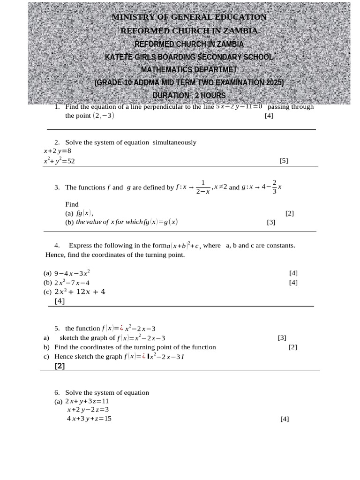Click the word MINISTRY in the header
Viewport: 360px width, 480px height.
133,17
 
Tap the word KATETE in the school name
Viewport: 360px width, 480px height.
120,57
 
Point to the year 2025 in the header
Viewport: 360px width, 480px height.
274,82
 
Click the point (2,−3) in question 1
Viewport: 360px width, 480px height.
103,116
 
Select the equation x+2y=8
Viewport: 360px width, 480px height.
57,151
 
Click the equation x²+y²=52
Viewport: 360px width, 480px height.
59,161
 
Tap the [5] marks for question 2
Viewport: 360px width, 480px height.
284,161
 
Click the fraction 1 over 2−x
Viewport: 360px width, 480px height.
202,187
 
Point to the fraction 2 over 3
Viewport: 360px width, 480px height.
274,187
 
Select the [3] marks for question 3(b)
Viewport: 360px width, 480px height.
271,222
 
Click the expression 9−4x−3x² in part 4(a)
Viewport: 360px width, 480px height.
72,273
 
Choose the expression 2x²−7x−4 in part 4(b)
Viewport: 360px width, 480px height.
72,283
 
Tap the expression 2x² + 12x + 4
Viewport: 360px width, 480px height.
80,292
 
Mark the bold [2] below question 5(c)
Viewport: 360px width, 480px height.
60,366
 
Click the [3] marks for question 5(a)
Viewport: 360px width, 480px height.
282,337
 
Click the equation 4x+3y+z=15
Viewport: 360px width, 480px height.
89,419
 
